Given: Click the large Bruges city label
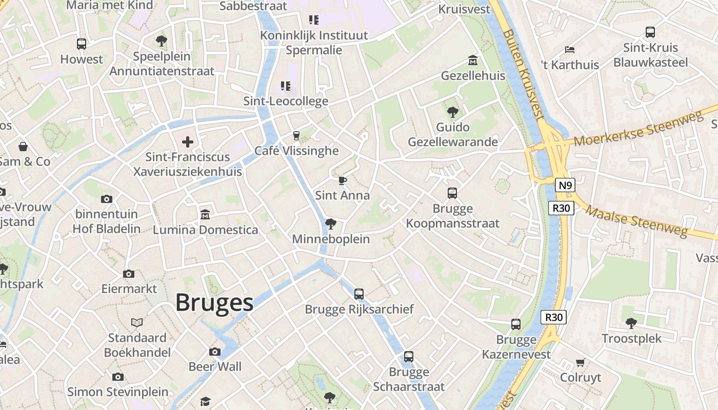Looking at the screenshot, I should (x=214, y=303).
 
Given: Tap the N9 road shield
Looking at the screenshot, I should (x=564, y=185).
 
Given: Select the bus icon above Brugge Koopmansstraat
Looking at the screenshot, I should (x=452, y=193).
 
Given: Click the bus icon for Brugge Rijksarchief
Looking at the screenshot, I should (x=359, y=294).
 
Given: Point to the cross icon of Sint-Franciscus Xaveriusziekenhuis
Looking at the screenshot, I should (x=188, y=141).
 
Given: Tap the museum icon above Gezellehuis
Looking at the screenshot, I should (x=472, y=60).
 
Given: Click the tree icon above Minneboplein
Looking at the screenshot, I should (x=330, y=224).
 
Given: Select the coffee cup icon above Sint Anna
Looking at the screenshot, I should (x=342, y=180).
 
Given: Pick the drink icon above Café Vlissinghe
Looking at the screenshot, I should (x=296, y=135).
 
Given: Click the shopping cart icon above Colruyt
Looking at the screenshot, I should (x=580, y=363).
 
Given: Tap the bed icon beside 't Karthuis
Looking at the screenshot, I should (x=569, y=50).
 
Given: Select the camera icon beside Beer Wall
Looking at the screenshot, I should (x=215, y=352).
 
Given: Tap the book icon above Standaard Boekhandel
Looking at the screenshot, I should (x=136, y=322).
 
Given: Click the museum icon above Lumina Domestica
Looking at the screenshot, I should (x=205, y=214).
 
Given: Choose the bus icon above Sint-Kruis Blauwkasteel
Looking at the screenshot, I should (x=650, y=32).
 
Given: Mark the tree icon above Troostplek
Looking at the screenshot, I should (x=631, y=323).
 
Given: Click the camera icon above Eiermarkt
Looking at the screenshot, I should (x=129, y=274).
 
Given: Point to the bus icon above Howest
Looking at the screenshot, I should (x=82, y=44).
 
